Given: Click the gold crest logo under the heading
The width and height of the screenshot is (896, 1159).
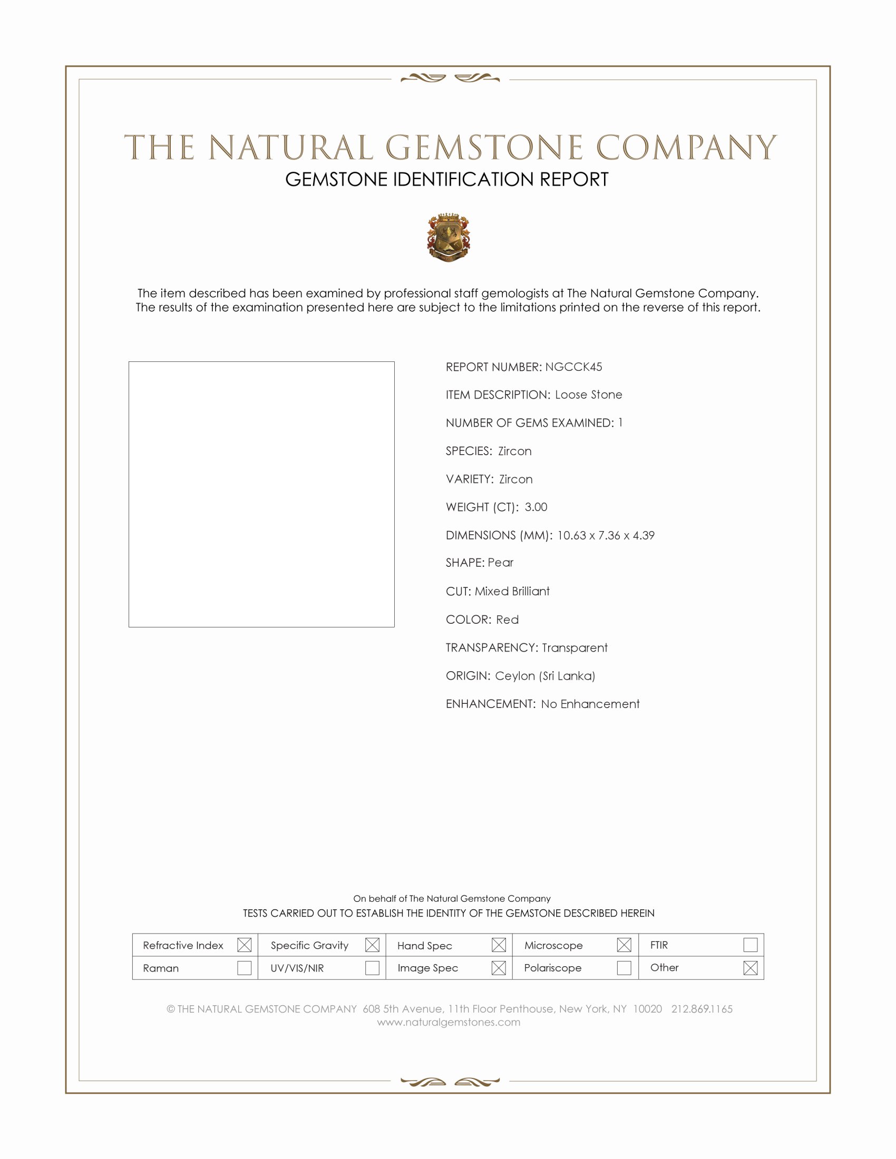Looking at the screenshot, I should [449, 238].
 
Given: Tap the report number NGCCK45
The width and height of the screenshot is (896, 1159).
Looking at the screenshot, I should [573, 367].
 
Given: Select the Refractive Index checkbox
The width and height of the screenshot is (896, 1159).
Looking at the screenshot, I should [244, 945].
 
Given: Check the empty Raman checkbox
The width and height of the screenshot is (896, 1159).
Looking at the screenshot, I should [244, 968].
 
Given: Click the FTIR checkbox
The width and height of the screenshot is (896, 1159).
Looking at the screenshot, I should [750, 945].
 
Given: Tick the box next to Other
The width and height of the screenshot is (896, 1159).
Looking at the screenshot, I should [750, 968].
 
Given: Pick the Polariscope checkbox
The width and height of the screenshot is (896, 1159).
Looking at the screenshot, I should [624, 968].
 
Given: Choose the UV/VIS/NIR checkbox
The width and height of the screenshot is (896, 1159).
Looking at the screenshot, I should [372, 968].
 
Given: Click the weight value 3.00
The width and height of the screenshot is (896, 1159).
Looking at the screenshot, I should [535, 507].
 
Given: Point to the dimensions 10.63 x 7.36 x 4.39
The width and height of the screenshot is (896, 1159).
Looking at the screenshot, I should [606, 535].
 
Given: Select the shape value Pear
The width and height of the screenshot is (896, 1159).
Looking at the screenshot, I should [501, 563].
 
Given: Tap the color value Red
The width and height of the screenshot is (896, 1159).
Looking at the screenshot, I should [508, 620].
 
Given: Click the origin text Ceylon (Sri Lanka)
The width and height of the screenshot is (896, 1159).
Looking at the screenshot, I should [545, 676].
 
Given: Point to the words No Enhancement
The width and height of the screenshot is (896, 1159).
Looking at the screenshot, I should [590, 704].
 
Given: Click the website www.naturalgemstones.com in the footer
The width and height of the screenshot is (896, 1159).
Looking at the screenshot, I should [449, 1023].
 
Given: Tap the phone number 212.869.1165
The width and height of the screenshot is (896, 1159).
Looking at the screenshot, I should [702, 1009].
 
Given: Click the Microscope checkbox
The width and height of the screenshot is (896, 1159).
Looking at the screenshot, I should [624, 945].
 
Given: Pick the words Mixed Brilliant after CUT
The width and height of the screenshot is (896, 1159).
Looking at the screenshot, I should [512, 592].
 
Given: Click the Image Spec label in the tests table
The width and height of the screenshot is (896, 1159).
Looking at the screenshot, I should [428, 968].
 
